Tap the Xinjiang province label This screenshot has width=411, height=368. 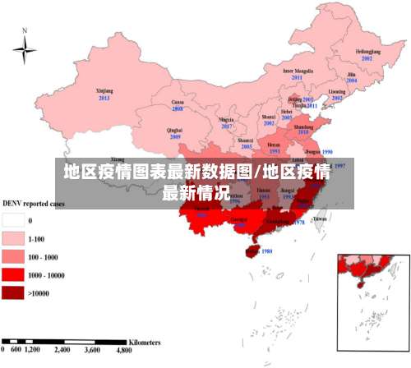[x=104, y=92]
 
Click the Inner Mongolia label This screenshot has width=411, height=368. [x=298, y=71]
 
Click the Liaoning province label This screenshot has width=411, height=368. [x=337, y=92]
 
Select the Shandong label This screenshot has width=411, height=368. [x=303, y=127]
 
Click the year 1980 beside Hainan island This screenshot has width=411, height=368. [x=266, y=251]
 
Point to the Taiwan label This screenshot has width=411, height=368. [x=320, y=218]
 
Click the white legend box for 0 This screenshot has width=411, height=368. [x=13, y=220]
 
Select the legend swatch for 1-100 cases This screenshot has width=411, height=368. [x=13, y=238]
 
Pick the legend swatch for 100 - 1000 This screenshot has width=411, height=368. [x=13, y=256]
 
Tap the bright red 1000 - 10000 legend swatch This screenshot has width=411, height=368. [x=13, y=274]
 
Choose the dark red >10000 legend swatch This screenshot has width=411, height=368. [x=13, y=292]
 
